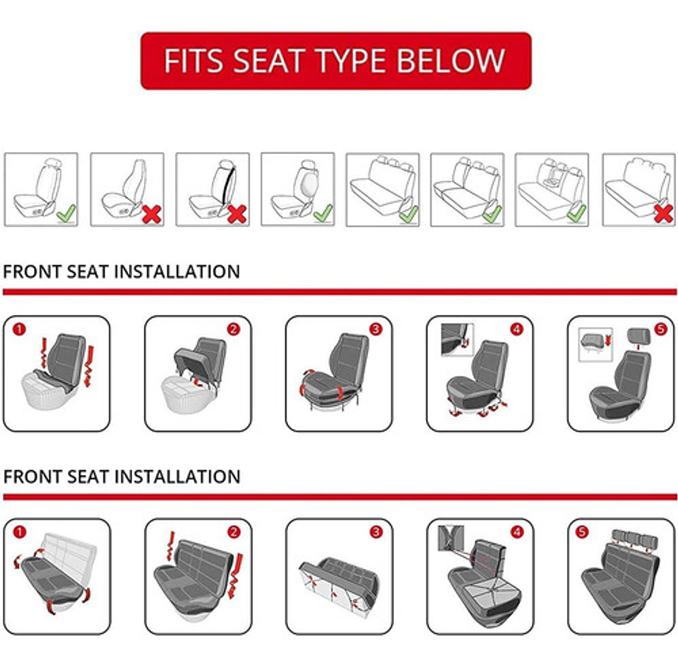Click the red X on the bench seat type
click(x=662, y=213)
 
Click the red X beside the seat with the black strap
click(x=237, y=213)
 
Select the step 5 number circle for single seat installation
click(x=660, y=329)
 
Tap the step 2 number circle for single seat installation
click(x=234, y=329)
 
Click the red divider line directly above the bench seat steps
click(x=339, y=497)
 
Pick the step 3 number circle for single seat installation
click(x=376, y=329)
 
